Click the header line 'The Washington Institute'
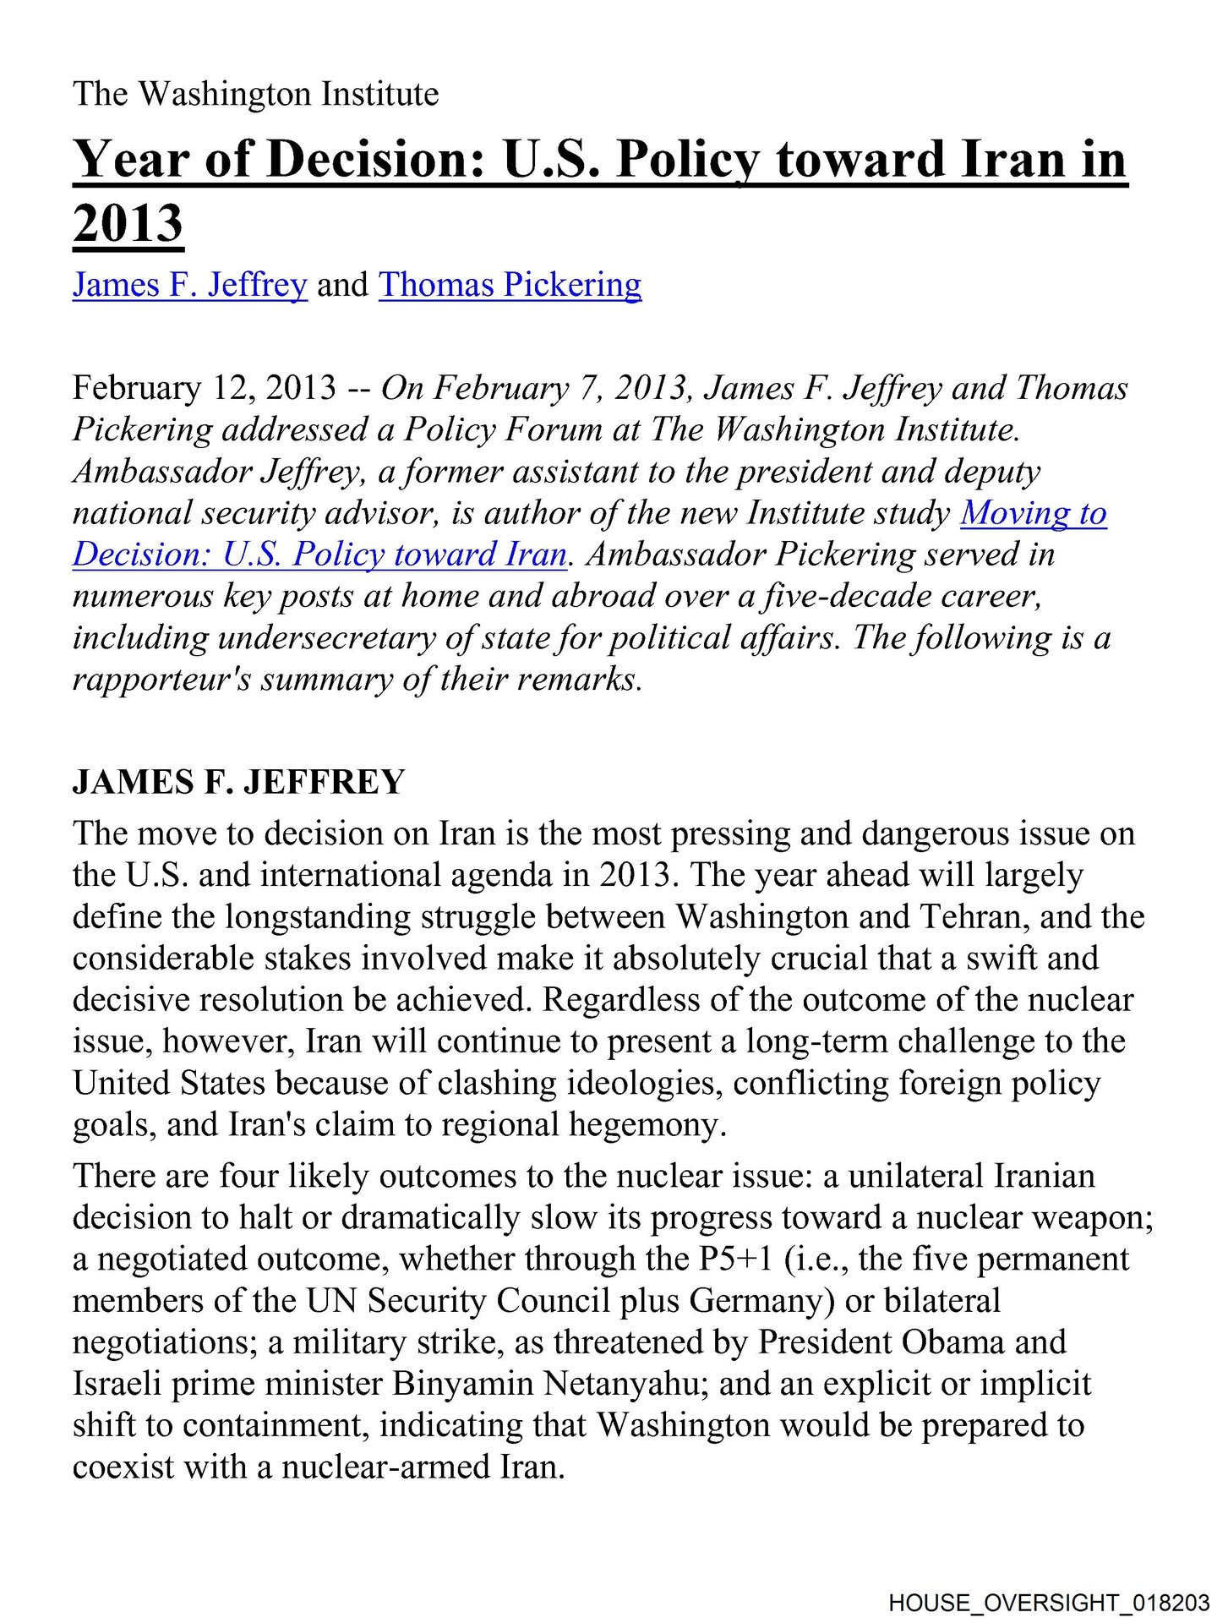255,94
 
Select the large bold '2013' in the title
128,224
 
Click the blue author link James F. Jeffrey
189,285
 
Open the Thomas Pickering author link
510,285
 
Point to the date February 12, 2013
205,388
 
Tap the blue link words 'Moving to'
1033,513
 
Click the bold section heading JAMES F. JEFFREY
238,782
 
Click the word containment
276,1425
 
